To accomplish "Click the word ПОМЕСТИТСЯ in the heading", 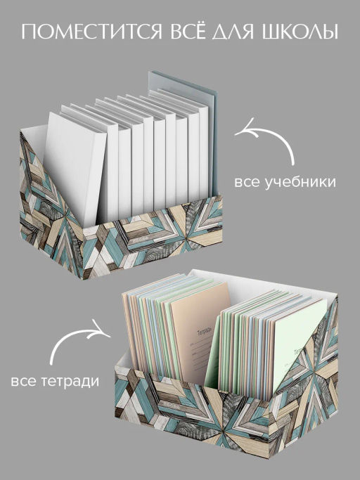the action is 91,32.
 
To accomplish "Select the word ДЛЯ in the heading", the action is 235,32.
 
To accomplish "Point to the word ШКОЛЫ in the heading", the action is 300,32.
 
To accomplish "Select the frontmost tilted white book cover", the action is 75,167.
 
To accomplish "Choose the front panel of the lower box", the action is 192,412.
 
